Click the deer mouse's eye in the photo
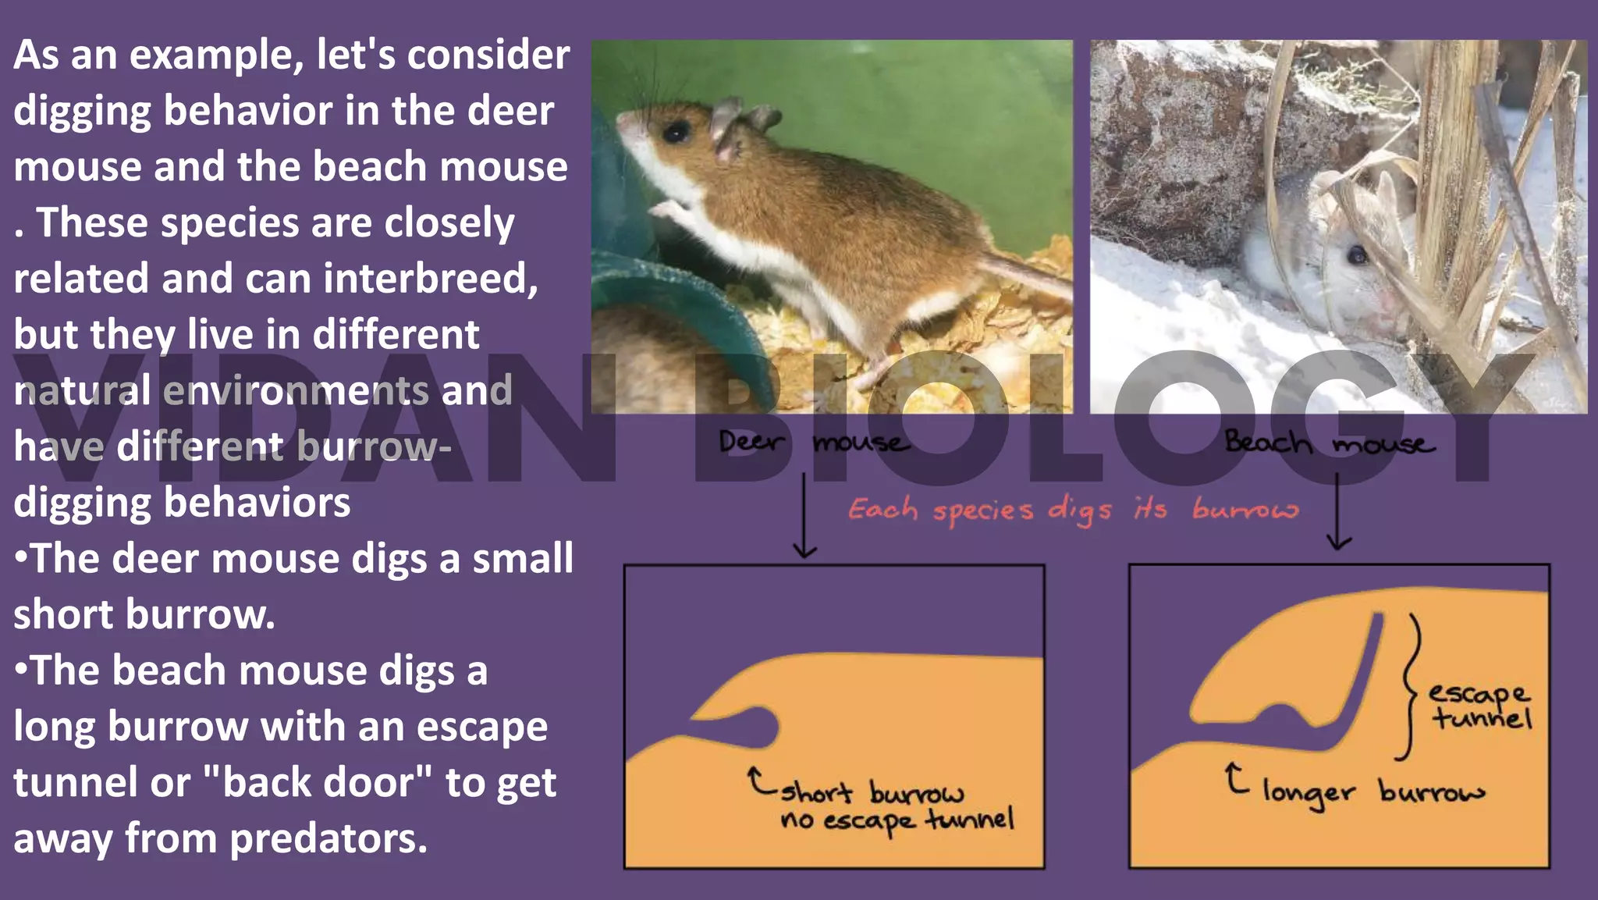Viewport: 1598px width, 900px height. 674,131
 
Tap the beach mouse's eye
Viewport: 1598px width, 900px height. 1358,254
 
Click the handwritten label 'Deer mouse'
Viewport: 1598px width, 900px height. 814,443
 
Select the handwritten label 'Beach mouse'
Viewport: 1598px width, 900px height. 1329,443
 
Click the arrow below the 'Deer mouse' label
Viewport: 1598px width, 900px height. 804,515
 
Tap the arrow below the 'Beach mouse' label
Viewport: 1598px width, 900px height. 1339,511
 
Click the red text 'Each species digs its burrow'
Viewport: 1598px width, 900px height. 1074,510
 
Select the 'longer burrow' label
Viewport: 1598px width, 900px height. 1373,793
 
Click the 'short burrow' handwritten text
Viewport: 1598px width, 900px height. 872,793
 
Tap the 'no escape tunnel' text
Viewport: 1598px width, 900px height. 897,820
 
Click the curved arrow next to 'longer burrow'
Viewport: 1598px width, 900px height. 1235,778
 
